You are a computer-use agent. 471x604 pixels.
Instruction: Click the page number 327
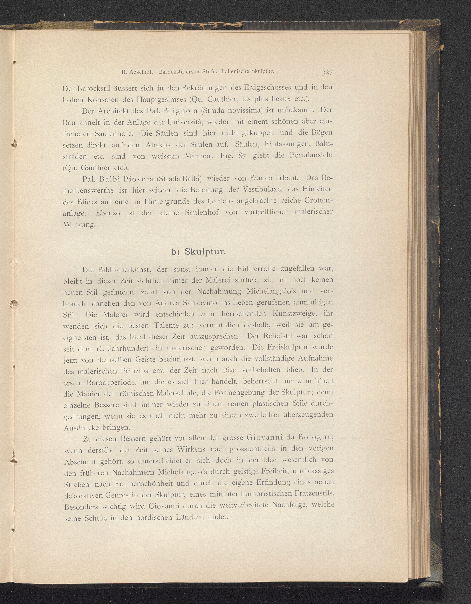pyautogui.click(x=327, y=72)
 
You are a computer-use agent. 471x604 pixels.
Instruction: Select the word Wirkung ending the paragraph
pyautogui.click(x=79, y=224)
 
